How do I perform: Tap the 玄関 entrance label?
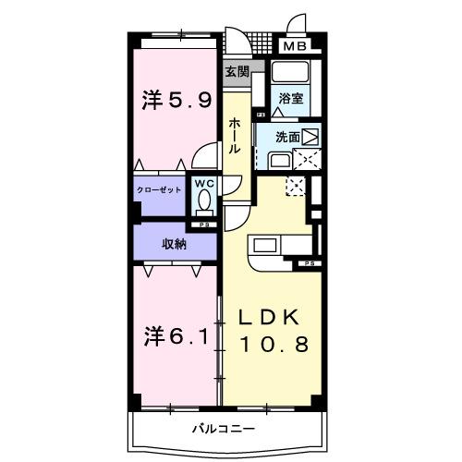(236, 70)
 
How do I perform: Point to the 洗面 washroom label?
(287, 138)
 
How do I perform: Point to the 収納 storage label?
(175, 244)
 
